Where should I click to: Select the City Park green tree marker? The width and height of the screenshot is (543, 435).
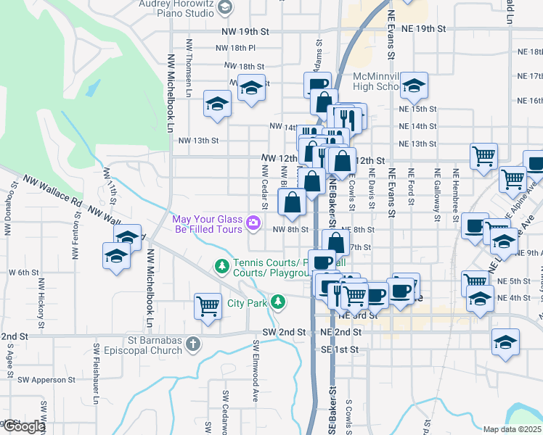tap(277, 302)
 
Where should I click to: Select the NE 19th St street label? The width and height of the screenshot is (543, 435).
tap(422, 28)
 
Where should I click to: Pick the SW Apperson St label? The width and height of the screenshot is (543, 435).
tap(47, 379)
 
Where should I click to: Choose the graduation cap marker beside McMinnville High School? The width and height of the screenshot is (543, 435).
tap(414, 87)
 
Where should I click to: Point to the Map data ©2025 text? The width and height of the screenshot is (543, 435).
tap(512, 429)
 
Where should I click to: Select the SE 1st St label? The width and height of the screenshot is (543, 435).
tap(340, 349)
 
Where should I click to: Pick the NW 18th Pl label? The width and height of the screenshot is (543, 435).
tap(236, 48)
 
